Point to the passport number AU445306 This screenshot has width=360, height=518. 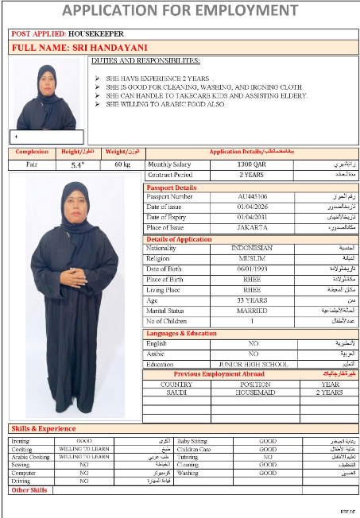pos(253,195)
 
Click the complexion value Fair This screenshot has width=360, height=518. pos(32,164)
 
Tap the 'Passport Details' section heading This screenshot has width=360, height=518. pos(172,187)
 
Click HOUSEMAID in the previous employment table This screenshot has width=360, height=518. pos(252,392)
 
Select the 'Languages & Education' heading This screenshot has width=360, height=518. pos(181,334)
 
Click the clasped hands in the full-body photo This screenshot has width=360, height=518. pos(73,279)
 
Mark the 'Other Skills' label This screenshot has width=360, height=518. pos(29,490)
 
